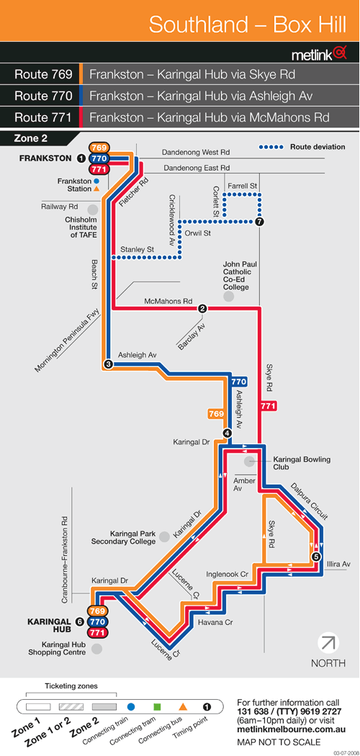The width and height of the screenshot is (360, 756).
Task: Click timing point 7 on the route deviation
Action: click(x=260, y=222)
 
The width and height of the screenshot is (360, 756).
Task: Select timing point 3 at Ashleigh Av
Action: click(x=109, y=364)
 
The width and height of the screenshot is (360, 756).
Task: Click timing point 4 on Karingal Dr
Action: click(x=228, y=433)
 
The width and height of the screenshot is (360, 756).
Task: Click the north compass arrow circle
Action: click(x=328, y=643)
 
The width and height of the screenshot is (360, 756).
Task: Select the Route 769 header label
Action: click(x=43, y=75)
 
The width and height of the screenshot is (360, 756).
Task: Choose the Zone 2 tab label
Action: click(x=31, y=138)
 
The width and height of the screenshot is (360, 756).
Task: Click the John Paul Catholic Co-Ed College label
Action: click(x=236, y=276)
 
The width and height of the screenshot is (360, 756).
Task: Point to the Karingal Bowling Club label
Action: click(x=302, y=463)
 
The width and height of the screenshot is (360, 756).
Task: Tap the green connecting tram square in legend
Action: click(x=157, y=707)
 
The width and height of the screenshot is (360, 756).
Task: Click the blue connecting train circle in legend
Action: click(x=131, y=707)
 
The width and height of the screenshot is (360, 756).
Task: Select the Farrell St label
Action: click(x=243, y=185)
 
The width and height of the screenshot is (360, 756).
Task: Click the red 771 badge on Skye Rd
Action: click(x=268, y=407)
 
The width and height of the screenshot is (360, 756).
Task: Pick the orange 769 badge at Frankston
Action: click(x=99, y=148)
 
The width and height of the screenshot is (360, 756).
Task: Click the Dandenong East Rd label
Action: click(x=196, y=168)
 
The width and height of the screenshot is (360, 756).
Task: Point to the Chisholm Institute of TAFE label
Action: click(x=81, y=227)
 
